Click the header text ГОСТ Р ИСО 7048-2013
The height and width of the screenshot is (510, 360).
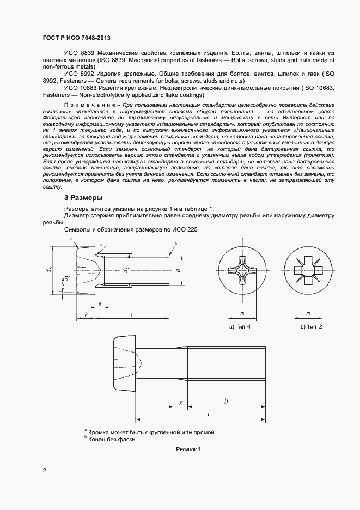pyautogui.click(x=76, y=38)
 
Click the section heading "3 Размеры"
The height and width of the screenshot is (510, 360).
pyautogui.click(x=84, y=197)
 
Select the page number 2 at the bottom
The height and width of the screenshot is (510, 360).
pyautogui.click(x=44, y=470)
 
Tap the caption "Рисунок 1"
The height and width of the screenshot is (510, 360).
pyautogui.click(x=188, y=450)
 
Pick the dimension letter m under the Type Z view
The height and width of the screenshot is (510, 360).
pyautogui.click(x=308, y=314)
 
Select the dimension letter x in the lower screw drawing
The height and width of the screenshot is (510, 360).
pyautogui.click(x=180, y=403)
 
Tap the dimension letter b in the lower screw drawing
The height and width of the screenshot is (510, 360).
pyautogui.click(x=225, y=402)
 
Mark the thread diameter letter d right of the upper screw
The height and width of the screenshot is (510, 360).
pyautogui.click(x=178, y=269)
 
